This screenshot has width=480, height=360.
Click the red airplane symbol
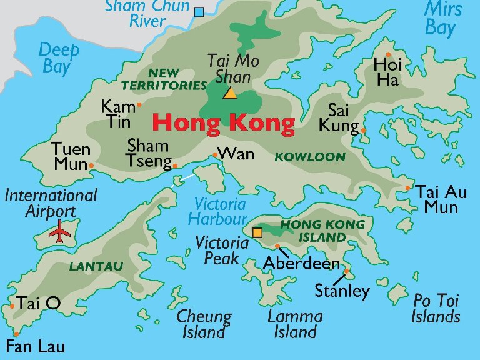click(x=60, y=231)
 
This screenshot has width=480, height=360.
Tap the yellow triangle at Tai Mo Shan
click(x=230, y=94)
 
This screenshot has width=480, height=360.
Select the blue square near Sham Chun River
click(x=199, y=11)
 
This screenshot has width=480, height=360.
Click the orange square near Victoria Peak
click(x=257, y=233)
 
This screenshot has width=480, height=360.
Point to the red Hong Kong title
click(x=223, y=124)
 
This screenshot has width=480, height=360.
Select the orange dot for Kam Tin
click(x=139, y=104)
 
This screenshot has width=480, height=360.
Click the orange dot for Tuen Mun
click(x=91, y=166)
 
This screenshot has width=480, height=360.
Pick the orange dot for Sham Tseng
click(x=175, y=166)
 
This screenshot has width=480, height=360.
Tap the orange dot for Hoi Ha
click(x=388, y=54)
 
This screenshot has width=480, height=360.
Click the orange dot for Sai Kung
click(x=364, y=131)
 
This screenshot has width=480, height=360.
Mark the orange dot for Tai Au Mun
click(x=407, y=187)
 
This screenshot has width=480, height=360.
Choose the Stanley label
click(x=342, y=291)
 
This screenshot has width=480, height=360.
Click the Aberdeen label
click(x=302, y=263)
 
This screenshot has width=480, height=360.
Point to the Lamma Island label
click(x=295, y=324)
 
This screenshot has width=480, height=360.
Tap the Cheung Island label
click(x=204, y=324)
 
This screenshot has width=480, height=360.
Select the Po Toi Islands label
click(x=436, y=309)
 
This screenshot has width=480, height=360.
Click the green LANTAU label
click(x=96, y=266)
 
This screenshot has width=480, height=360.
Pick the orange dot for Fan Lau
click(x=16, y=334)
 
